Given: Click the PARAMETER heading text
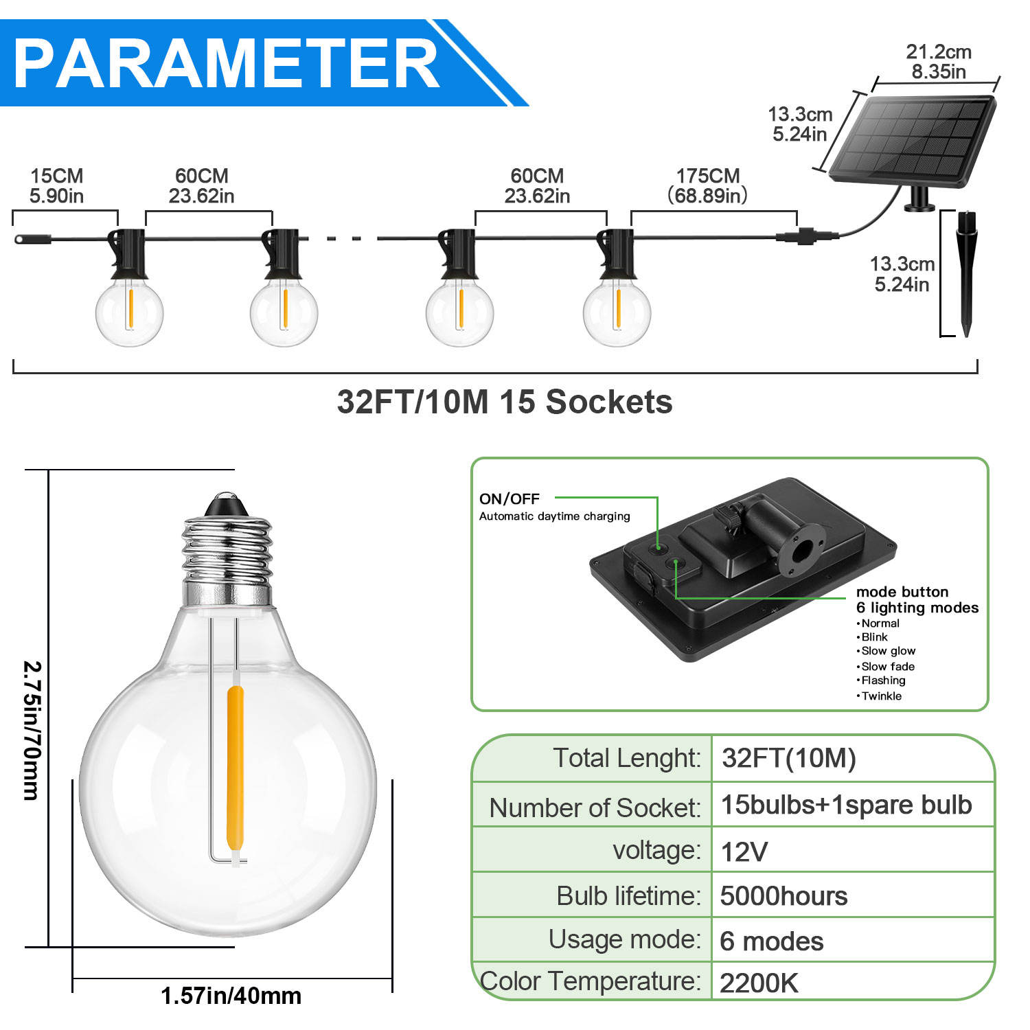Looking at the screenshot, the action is (x=227, y=63).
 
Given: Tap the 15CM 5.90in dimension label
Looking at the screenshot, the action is (x=56, y=186).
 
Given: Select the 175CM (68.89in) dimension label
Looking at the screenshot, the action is (x=708, y=186).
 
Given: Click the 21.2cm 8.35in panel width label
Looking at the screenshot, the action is (x=939, y=62).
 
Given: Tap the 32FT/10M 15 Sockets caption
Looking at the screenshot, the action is (x=505, y=402).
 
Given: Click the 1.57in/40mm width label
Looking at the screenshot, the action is (x=231, y=996).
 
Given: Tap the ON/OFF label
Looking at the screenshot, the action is (x=510, y=499).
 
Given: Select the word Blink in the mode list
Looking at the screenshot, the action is (x=874, y=637).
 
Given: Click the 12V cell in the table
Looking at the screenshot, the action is (x=744, y=851).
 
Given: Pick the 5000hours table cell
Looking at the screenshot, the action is (x=783, y=896).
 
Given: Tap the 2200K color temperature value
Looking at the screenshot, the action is (x=759, y=983).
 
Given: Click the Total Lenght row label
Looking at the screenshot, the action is (x=627, y=759).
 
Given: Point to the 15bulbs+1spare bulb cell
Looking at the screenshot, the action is (x=846, y=805).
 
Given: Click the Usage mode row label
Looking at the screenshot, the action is (x=625, y=939).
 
